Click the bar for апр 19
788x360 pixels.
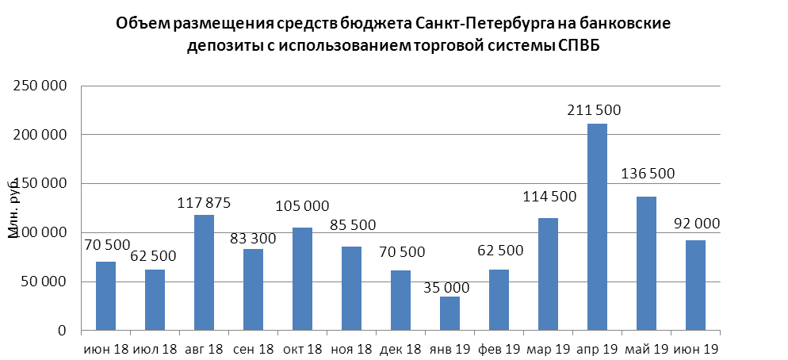tap(597, 227)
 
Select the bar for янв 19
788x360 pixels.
tap(449, 313)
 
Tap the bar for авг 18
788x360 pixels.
tap(204, 272)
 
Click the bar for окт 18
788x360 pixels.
tap(302, 278)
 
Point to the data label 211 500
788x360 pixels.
tap(595, 110)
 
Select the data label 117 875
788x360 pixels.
tap(204, 203)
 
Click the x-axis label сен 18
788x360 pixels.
tap(253, 349)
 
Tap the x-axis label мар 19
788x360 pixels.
tap(548, 349)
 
